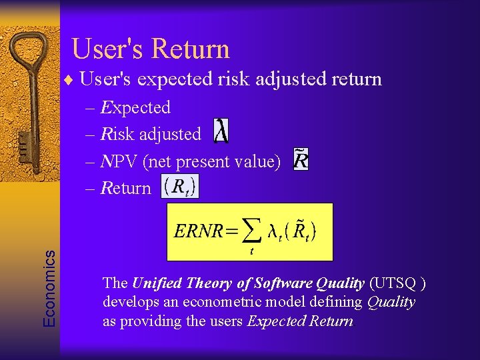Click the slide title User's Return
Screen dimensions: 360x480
[150, 49]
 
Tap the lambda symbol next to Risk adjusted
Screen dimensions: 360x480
[221, 131]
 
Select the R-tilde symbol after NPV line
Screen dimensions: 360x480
[301, 160]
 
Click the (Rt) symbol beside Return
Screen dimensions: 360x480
[179, 187]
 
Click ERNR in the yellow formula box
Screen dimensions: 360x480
[199, 231]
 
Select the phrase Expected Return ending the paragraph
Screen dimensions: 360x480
[300, 321]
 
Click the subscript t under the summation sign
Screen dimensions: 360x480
[251, 251]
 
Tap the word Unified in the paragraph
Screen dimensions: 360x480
[156, 283]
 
